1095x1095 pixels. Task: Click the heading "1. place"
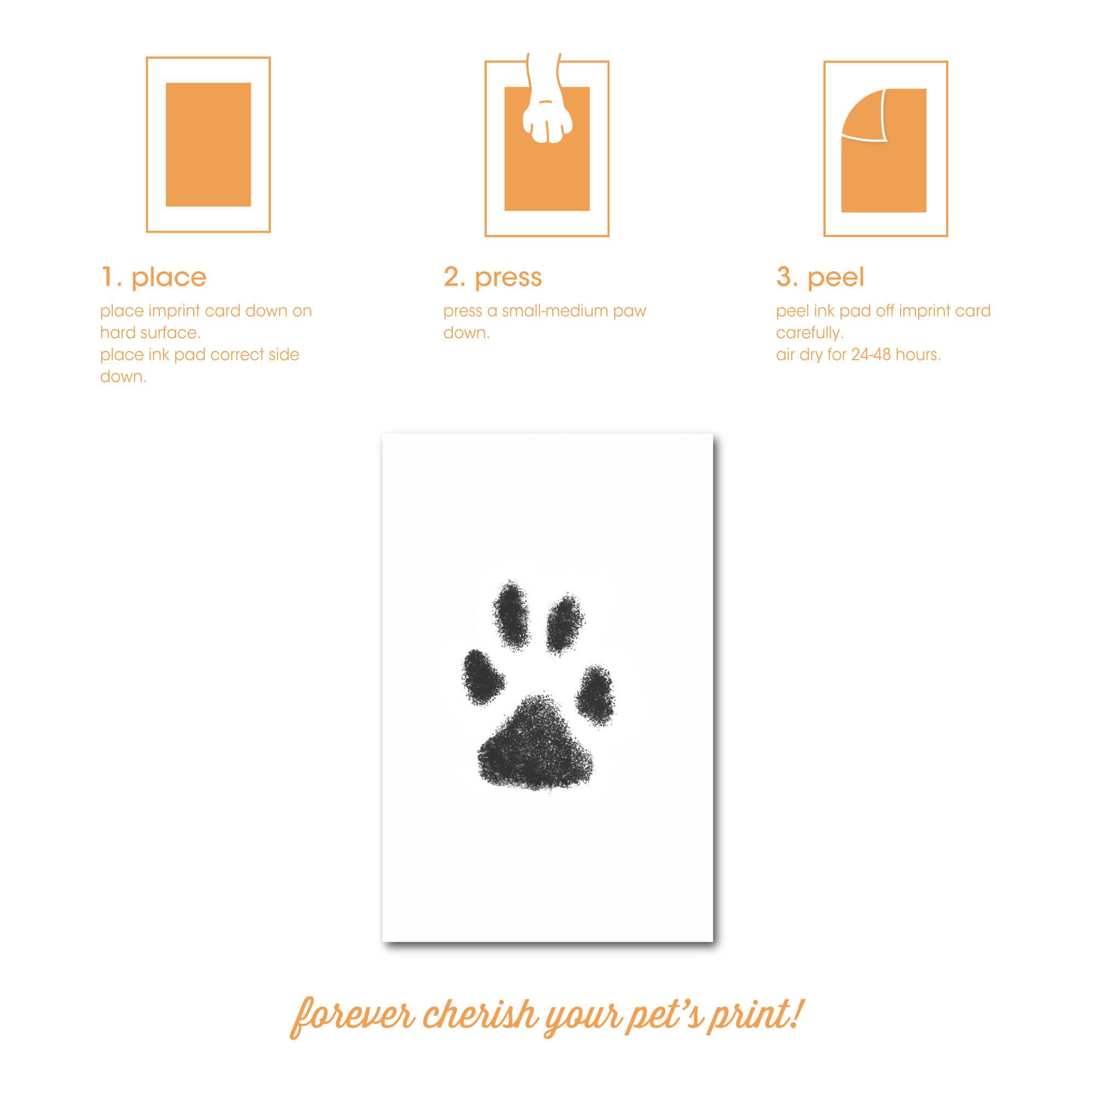[154, 277]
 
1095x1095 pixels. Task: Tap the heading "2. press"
[493, 278]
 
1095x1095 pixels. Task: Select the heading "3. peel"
[820, 277]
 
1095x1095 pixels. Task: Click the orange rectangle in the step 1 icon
[208, 145]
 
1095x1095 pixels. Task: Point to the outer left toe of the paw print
[485, 677]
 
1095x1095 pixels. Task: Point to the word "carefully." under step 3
[810, 333]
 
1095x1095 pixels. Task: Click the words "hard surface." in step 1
[150, 333]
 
